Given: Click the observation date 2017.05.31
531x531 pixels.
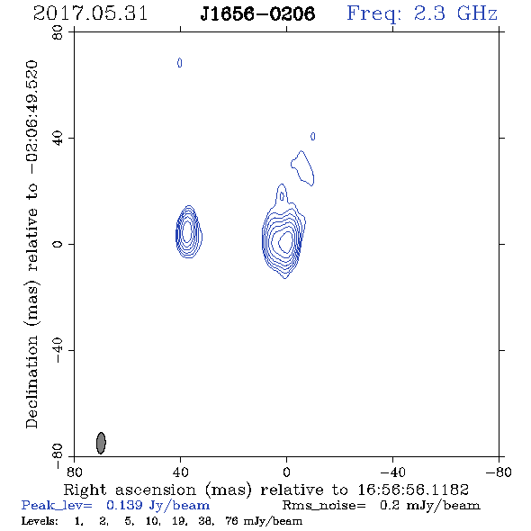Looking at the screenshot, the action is click(x=90, y=13).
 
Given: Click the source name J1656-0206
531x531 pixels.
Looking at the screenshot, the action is click(x=257, y=13).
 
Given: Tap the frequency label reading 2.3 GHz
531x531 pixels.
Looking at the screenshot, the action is click(x=455, y=13).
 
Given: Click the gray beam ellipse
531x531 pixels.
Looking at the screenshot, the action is click(x=101, y=443).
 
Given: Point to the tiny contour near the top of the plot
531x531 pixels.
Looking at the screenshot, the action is click(x=179, y=63).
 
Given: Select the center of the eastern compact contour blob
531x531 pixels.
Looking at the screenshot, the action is click(x=189, y=231).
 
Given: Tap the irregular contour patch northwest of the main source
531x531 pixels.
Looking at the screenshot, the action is click(x=302, y=168).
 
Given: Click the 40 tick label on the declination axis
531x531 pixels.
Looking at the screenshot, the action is click(x=58, y=139).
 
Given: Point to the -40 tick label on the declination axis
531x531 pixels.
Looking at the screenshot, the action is click(x=58, y=350).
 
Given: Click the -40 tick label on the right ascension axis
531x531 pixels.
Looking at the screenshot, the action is click(x=392, y=472).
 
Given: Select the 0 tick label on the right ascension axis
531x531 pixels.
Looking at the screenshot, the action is click(x=286, y=472).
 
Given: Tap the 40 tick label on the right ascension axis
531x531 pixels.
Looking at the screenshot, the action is click(x=180, y=472).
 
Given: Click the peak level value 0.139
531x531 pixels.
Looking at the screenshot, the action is click(x=124, y=505).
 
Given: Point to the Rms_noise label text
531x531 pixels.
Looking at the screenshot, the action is click(x=324, y=506).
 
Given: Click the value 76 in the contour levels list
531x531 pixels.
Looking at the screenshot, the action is click(x=231, y=521).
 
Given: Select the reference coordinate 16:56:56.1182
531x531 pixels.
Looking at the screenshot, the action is click(x=413, y=490).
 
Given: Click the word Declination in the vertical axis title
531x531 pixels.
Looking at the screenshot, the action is click(x=31, y=382).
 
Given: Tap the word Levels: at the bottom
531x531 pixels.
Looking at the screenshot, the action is click(x=40, y=521).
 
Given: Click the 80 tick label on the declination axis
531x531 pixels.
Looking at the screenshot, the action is click(x=58, y=32).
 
